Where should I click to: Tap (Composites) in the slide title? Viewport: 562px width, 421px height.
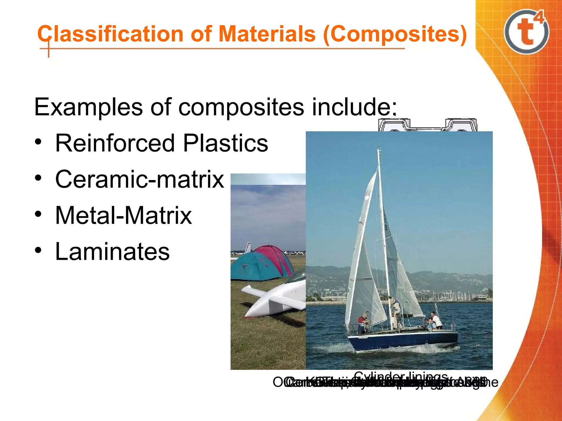click(395, 35)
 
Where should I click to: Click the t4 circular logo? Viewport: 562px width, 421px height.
click(526, 32)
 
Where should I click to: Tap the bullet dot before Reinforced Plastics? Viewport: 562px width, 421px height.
click(38, 142)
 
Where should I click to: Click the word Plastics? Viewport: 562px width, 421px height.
click(225, 143)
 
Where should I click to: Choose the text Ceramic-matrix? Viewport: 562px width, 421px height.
click(140, 179)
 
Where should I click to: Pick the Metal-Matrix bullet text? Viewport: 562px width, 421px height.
click(123, 215)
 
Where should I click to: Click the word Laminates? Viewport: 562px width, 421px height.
click(113, 252)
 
